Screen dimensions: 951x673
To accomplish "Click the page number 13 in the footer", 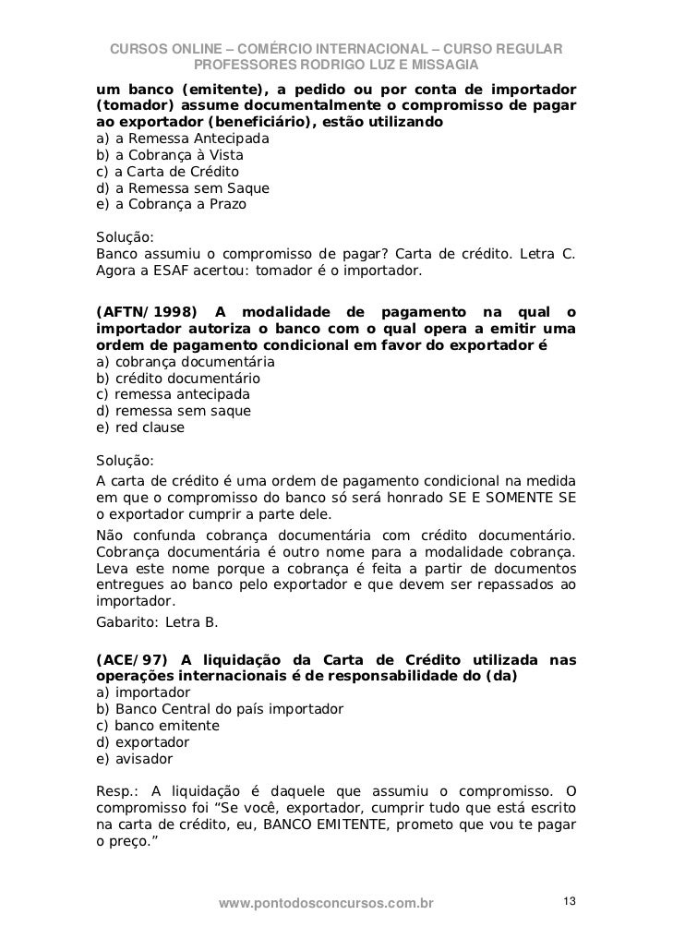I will [x=569, y=900].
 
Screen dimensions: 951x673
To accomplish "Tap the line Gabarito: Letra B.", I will [x=157, y=621].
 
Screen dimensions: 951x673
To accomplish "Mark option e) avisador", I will [x=134, y=759].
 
